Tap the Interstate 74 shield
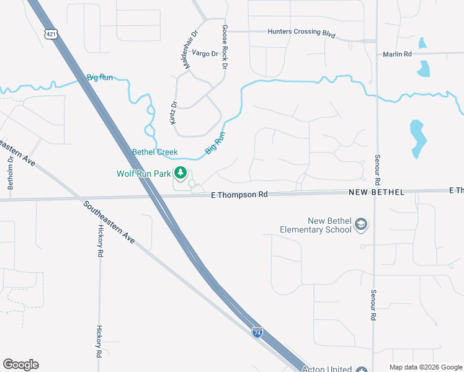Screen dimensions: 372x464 (257, 332)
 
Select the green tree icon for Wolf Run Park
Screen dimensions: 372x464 (181, 172)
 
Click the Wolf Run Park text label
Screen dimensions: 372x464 (144, 174)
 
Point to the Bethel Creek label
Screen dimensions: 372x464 (154, 152)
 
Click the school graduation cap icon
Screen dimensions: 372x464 (362, 225)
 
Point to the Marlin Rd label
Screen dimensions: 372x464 (398, 55)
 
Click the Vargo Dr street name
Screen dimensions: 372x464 (205, 54)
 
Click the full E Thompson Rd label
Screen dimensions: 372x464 (239, 194)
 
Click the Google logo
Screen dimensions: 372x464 (20, 365)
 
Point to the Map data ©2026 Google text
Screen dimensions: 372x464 (426, 367)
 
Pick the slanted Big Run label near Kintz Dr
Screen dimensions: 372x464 (215, 143)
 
